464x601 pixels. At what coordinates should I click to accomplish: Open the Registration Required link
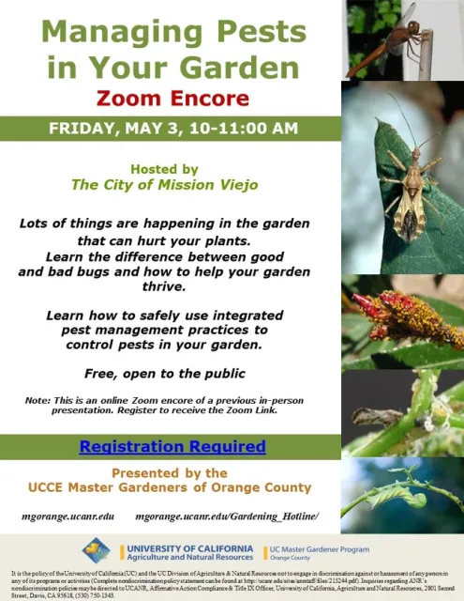172,447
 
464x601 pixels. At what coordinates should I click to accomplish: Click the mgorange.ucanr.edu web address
67,516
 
